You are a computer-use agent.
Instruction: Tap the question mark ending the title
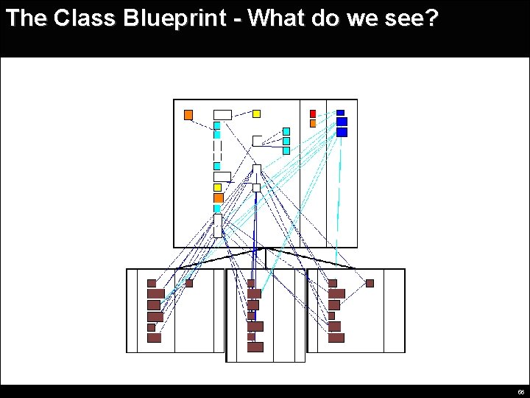click(x=431, y=18)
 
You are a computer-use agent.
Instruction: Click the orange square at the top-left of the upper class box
click(x=188, y=114)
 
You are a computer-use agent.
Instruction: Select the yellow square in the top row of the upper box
click(x=256, y=114)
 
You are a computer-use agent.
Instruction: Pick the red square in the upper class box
click(x=313, y=114)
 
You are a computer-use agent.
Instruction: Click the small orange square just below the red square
click(x=313, y=123)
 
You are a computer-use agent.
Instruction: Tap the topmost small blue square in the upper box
click(x=340, y=113)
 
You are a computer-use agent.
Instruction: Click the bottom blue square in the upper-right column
click(x=342, y=132)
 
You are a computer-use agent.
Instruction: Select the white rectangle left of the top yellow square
click(x=222, y=114)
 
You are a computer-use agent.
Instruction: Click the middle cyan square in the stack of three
click(x=286, y=141)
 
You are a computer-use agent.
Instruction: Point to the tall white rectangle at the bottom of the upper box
click(x=218, y=226)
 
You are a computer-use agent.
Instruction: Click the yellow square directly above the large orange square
click(x=217, y=187)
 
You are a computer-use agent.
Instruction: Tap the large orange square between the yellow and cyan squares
click(x=218, y=198)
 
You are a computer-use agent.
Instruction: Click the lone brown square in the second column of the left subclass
click(x=188, y=283)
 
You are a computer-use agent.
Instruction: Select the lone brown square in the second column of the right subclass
click(x=370, y=283)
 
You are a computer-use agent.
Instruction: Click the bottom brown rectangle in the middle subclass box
click(x=255, y=347)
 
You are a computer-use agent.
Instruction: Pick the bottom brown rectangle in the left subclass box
click(x=154, y=338)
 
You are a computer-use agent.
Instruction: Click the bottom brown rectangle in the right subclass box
click(x=336, y=338)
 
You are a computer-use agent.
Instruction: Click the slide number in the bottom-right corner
click(x=520, y=392)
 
